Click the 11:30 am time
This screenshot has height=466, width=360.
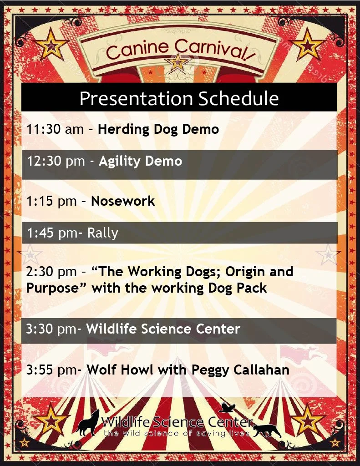tap(55, 129)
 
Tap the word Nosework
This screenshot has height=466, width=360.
tap(123, 201)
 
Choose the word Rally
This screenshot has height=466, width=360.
tap(102, 233)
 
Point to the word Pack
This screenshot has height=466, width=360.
tap(250, 288)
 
